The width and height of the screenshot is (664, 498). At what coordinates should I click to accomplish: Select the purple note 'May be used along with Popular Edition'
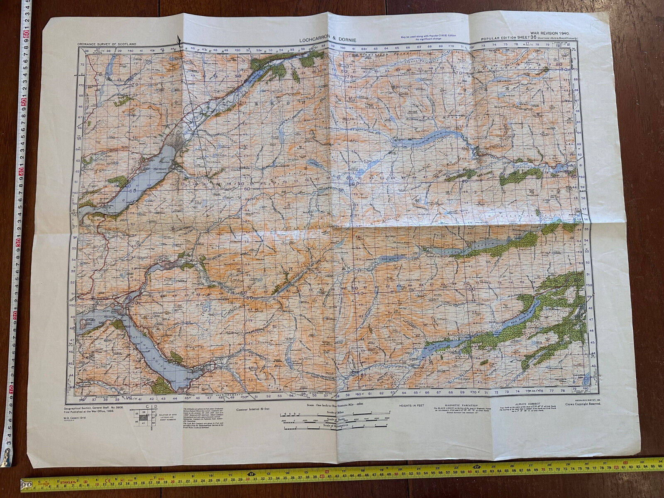click(428, 36)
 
